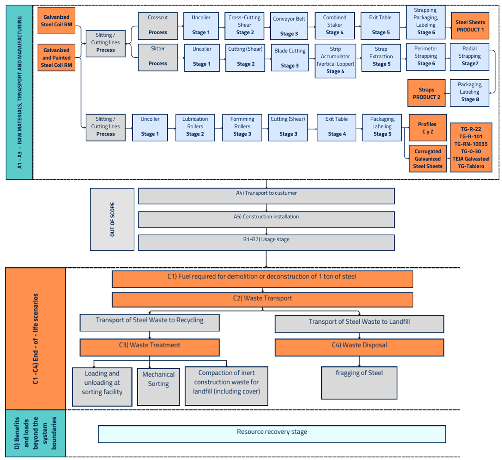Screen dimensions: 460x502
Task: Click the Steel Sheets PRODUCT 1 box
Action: pyautogui.click(x=470, y=26)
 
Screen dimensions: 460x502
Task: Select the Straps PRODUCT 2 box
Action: pyautogui.click(x=426, y=93)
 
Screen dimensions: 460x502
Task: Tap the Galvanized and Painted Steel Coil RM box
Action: pyautogui.click(x=56, y=58)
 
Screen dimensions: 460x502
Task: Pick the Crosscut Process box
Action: pyautogui.click(x=157, y=26)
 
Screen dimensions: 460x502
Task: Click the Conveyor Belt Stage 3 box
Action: pyautogui.click(x=289, y=26)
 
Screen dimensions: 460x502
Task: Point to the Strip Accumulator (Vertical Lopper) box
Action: pyautogui.click(x=335, y=60)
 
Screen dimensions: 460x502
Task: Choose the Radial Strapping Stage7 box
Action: pyautogui.click(x=469, y=57)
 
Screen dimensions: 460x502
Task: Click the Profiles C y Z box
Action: pyautogui.click(x=427, y=128)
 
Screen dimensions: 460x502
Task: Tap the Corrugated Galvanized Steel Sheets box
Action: pyautogui.click(x=427, y=159)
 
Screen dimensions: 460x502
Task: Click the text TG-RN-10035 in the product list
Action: pyautogui.click(x=471, y=144)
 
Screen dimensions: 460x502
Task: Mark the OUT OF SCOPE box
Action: pyautogui.click(x=112, y=219)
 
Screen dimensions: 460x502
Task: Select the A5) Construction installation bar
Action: pyautogui.click(x=266, y=220)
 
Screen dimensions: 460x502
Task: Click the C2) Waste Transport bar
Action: pyautogui.click(x=262, y=300)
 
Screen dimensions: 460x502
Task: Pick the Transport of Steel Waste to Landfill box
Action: pyautogui.click(x=359, y=324)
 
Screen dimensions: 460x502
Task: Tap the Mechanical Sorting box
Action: pyautogui.click(x=158, y=387)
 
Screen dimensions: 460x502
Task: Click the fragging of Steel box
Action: pyautogui.click(x=359, y=383)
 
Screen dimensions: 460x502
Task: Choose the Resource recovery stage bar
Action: pyautogui.click(x=272, y=434)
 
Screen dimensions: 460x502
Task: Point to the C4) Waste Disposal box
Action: pyautogui.click(x=359, y=347)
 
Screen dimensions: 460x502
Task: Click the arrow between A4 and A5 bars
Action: pyautogui.click(x=266, y=208)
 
